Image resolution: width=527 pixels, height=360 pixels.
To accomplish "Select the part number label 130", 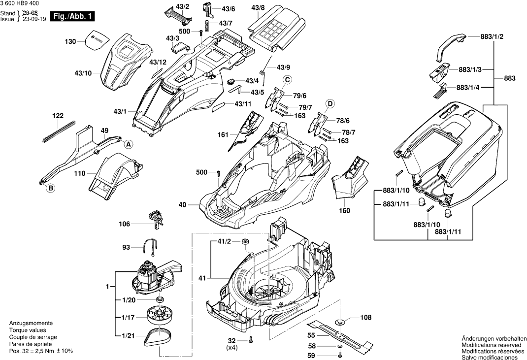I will click(70, 42).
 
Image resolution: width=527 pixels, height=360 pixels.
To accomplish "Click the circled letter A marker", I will click(128, 144).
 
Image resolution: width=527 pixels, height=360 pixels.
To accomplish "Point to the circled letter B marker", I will click(50, 187).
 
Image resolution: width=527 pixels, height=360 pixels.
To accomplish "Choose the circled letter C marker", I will click(286, 80).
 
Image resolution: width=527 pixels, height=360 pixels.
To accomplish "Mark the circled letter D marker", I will click(330, 103).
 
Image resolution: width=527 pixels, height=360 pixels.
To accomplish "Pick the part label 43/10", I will click(83, 73).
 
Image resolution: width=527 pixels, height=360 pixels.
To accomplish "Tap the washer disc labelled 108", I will click(339, 322).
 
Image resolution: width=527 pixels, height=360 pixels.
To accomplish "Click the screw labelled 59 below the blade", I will click(340, 356).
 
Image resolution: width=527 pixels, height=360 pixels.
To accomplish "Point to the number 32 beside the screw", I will click(231, 341).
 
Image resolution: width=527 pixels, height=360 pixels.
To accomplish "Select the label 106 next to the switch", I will click(125, 224).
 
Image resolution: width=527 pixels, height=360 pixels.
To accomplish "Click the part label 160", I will click(344, 211).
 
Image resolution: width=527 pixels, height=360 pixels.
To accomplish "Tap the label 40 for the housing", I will click(183, 204).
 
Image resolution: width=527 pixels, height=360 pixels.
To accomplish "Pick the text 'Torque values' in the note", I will click(28, 330).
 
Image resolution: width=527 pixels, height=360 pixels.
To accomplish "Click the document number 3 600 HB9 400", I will click(20, 3).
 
